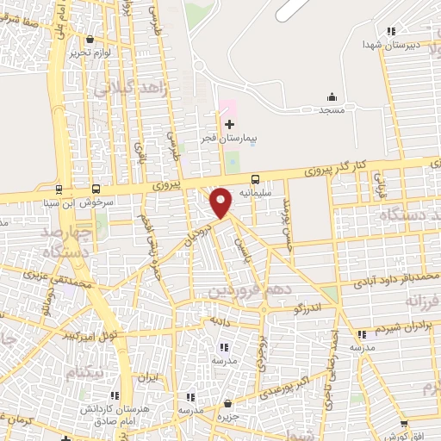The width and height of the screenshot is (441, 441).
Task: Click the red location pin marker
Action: (x=222, y=202)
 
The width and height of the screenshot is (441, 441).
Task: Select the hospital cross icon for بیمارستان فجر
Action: (x=228, y=124)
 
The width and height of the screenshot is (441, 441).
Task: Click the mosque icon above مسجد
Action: (x=332, y=96)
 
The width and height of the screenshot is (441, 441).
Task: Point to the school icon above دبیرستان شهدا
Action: (x=392, y=31)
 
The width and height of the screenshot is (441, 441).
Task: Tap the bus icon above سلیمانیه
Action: (x=255, y=180)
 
